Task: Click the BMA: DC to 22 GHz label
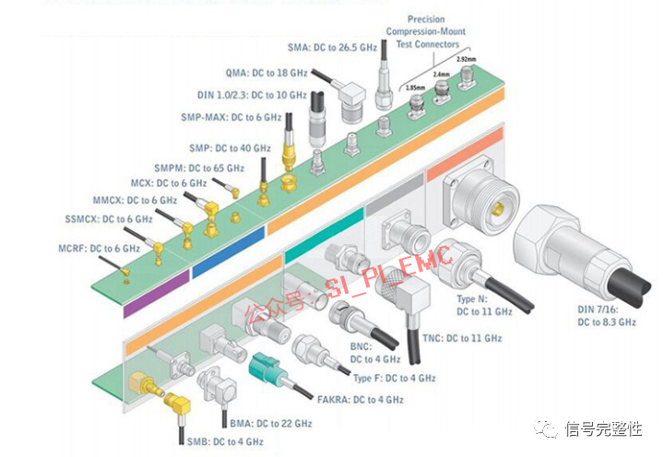tap(271, 423)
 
